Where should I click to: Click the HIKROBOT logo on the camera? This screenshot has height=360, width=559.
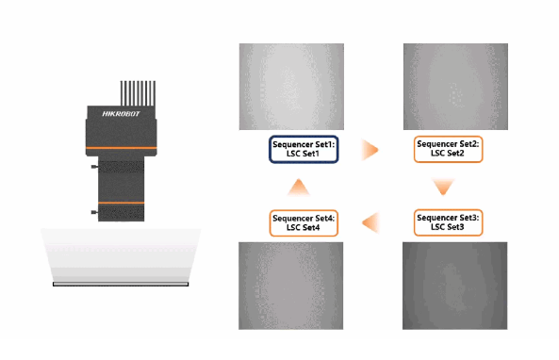pyautogui.click(x=121, y=114)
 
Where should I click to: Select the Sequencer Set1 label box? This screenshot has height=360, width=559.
pyautogui.click(x=304, y=149)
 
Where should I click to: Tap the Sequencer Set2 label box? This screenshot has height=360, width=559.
pyautogui.click(x=448, y=149)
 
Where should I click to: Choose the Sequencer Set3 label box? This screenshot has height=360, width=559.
pyautogui.click(x=448, y=222)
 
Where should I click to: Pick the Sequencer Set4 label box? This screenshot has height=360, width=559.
pyautogui.click(x=304, y=223)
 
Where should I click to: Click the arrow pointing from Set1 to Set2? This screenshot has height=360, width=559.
pyautogui.click(x=370, y=150)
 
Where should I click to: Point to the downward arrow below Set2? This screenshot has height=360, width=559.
pyautogui.click(x=443, y=187)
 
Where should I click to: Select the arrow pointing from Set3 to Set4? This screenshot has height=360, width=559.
pyautogui.click(x=370, y=222)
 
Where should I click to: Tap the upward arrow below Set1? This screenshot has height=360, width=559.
pyautogui.click(x=299, y=187)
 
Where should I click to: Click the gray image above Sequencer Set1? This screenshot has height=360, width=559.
pyautogui.click(x=291, y=87)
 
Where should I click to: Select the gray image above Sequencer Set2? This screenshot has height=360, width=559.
pyautogui.click(x=455, y=87)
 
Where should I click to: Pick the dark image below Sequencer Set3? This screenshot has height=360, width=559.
pyautogui.click(x=455, y=286)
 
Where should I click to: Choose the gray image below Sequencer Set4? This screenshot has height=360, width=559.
pyautogui.click(x=291, y=286)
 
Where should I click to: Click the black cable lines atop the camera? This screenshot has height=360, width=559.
pyautogui.click(x=138, y=93)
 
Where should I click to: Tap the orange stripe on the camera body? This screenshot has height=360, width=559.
pyautogui.click(x=122, y=148)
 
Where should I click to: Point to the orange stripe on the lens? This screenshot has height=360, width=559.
pyautogui.click(x=122, y=203)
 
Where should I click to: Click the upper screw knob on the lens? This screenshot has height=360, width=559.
pyautogui.click(x=95, y=167)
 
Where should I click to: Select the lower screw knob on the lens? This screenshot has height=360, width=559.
pyautogui.click(x=95, y=212)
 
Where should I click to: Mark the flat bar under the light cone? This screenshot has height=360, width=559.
pyautogui.click(x=121, y=284)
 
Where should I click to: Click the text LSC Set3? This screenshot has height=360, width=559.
pyautogui.click(x=448, y=227)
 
